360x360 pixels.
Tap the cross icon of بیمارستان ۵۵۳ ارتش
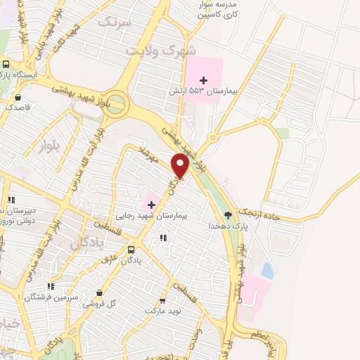pos(204,80)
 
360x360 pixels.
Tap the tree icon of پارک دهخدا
pos(228,214)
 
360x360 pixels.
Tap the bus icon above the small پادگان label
pos(131,250)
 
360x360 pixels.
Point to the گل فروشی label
pos(98,304)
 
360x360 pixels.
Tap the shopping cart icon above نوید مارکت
pos(163,300)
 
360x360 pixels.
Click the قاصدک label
pos(18,108)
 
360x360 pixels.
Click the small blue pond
pos(267,269)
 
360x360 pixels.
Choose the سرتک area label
pos(115,22)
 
